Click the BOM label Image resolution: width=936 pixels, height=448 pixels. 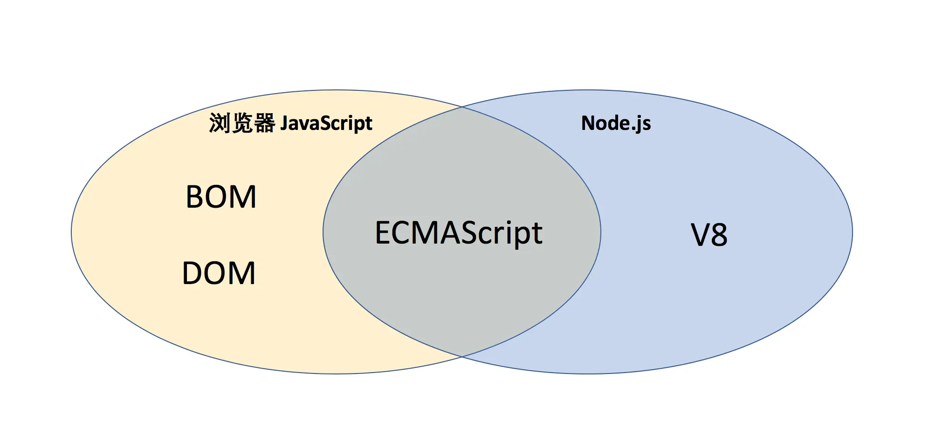point(221,197)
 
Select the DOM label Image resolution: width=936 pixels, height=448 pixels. point(219,273)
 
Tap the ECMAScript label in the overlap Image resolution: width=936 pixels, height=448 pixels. point(459,233)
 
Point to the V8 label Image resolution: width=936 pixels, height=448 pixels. point(709,235)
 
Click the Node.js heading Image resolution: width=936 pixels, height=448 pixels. point(616,123)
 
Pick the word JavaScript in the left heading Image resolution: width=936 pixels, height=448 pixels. point(326,124)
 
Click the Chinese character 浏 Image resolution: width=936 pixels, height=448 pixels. point(220,123)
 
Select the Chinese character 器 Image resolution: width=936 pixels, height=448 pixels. point(265,123)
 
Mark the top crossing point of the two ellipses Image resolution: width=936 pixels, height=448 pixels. point(462,107)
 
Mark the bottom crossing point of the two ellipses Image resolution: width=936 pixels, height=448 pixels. point(462,357)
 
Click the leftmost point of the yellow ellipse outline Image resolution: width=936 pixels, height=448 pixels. point(71,232)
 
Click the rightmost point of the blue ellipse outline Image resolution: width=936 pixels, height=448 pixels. point(853,232)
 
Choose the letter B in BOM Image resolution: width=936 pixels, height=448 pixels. point(194,197)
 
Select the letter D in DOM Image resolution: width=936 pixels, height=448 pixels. point(193,273)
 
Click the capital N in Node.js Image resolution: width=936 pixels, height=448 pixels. point(589,123)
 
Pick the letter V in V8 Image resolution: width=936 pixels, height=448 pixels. point(700,235)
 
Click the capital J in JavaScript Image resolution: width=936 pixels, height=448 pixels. point(284,123)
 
